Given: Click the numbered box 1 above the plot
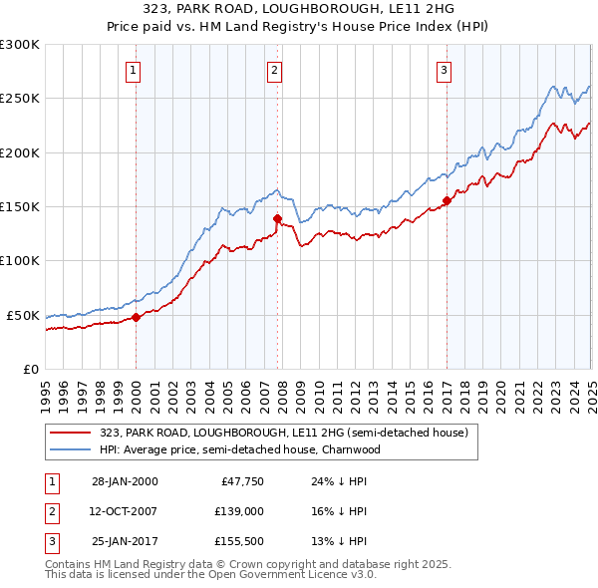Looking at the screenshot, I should click(134, 70).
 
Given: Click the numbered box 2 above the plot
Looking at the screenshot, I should click(274, 70).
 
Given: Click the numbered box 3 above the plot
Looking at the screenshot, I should click(444, 70).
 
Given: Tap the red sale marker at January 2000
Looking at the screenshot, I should click(137, 318).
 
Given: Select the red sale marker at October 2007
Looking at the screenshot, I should click(277, 219).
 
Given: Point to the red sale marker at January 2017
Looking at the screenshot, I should click(447, 201).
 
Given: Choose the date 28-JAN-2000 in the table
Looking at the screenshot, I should click(125, 480).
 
